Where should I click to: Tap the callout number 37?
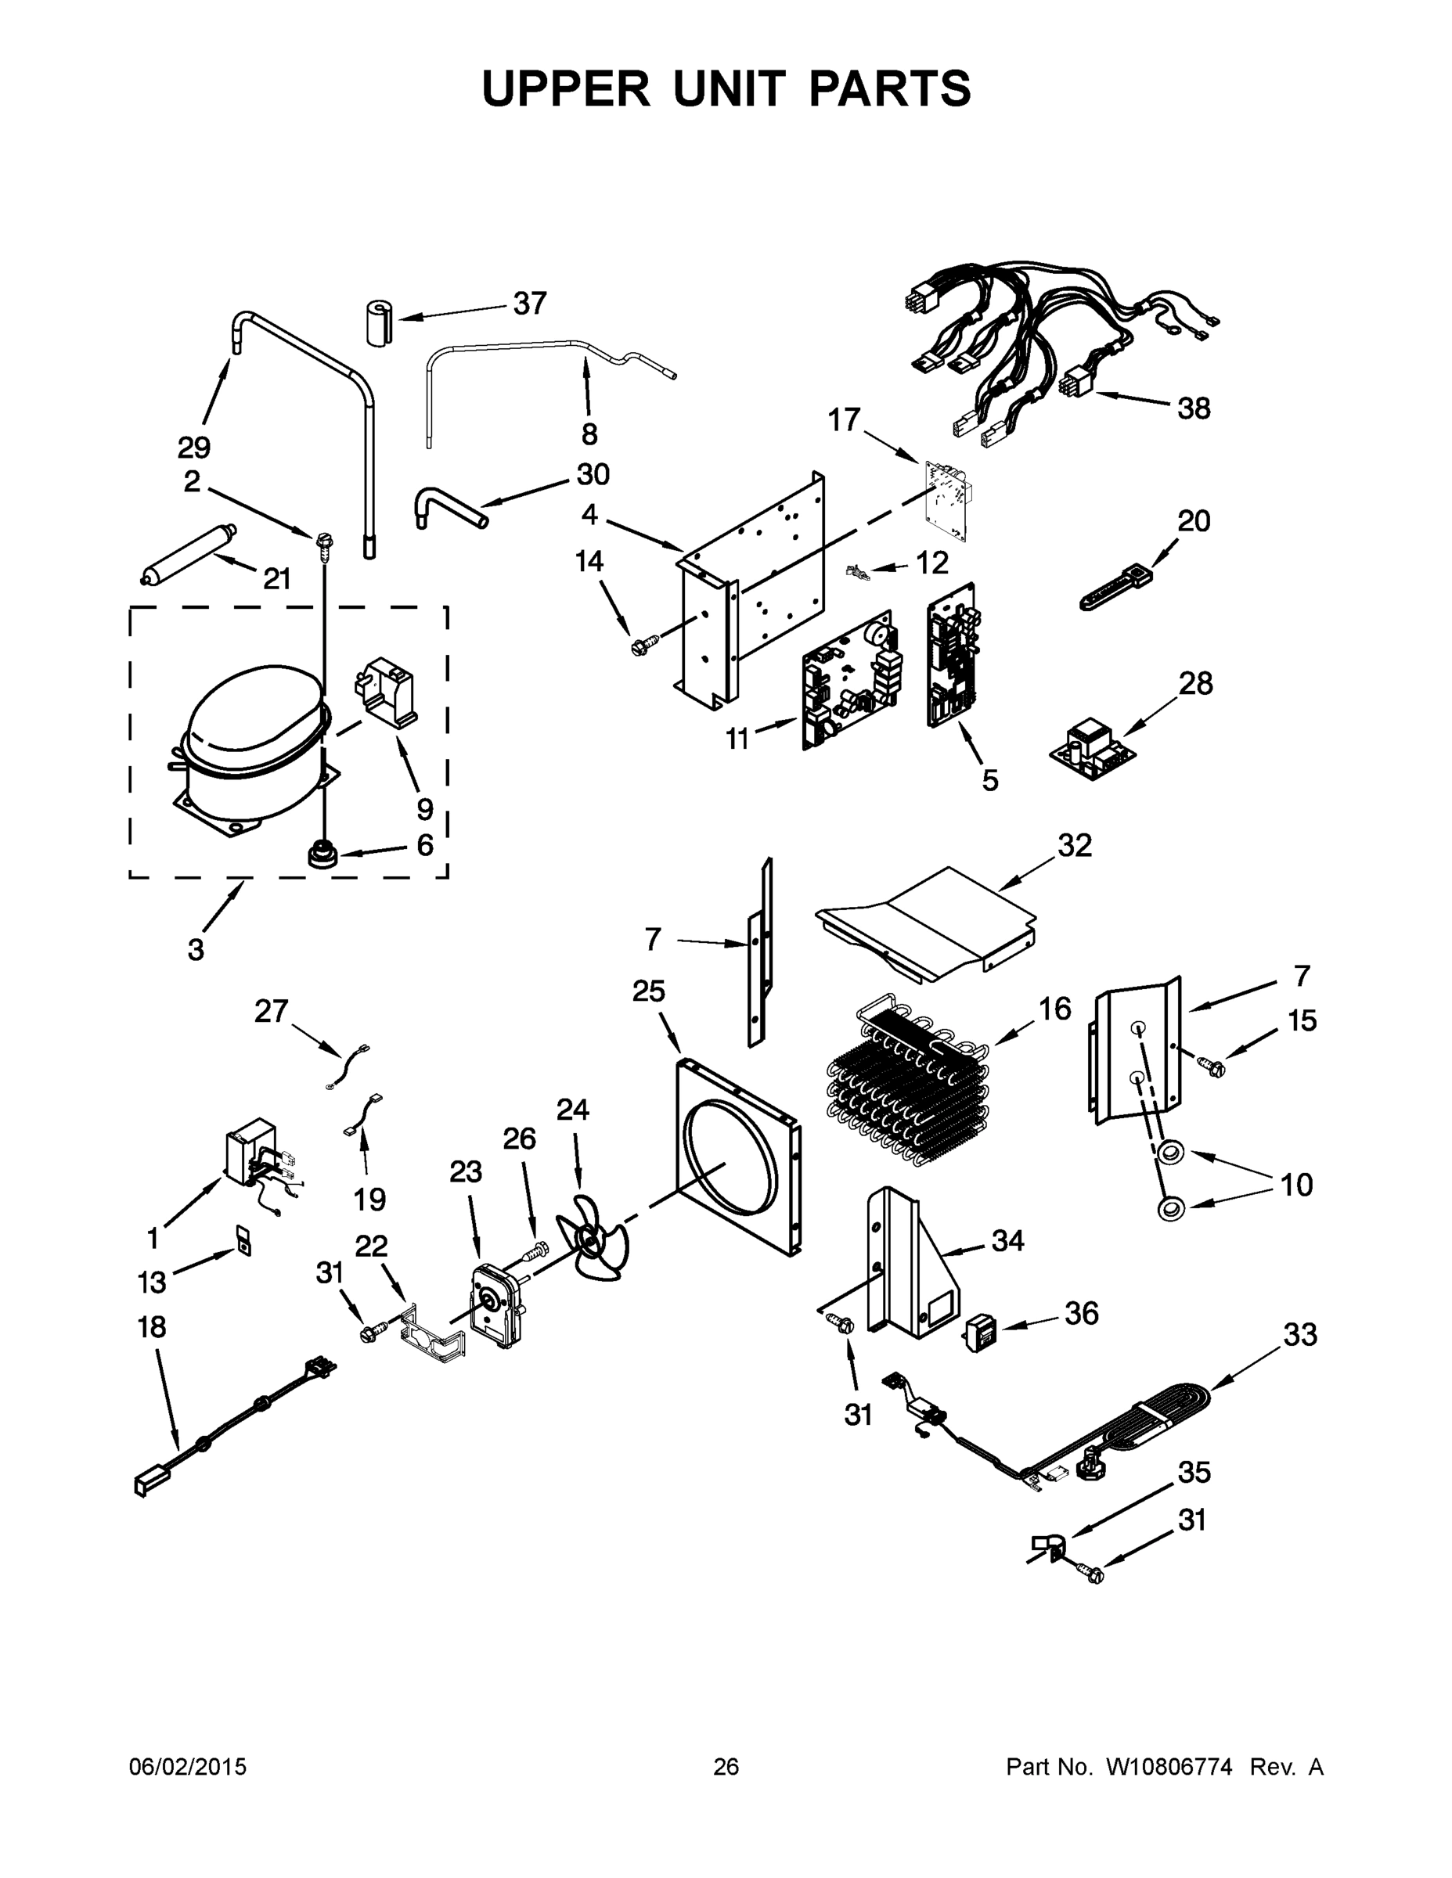[x=529, y=304]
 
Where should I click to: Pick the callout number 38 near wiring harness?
[x=1193, y=408]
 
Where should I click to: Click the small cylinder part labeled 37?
[x=377, y=323]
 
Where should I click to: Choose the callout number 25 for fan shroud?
[x=649, y=991]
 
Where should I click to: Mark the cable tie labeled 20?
[x=1114, y=589]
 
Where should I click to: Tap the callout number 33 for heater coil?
[x=1299, y=1336]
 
